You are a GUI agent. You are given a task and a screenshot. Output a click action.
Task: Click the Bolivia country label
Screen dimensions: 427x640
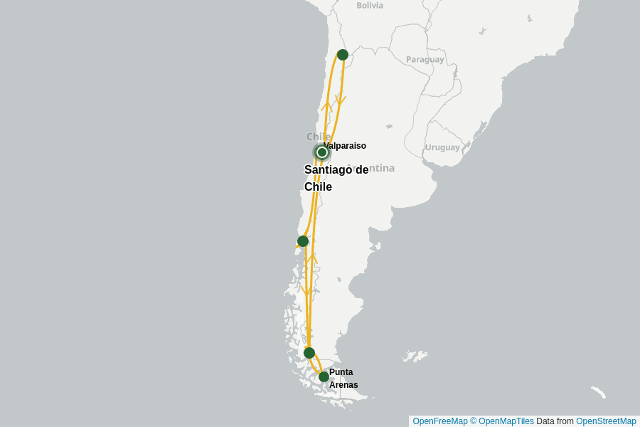370,6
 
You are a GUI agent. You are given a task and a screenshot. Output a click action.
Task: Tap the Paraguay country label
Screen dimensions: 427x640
425,59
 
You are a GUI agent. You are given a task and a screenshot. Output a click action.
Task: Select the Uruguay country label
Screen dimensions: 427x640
442,147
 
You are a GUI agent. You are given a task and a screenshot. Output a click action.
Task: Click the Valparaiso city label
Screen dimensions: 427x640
345,146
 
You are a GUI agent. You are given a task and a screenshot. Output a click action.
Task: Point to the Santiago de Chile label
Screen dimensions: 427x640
336,178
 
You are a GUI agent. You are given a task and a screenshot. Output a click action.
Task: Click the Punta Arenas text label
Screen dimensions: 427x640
343,379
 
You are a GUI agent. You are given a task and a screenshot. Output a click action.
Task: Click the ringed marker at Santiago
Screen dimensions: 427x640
321,152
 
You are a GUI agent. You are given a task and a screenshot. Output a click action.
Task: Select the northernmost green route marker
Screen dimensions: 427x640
343,55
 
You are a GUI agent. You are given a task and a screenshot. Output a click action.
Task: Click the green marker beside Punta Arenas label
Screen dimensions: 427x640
324,376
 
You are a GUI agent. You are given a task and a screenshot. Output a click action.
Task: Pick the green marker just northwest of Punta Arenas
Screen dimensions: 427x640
309,353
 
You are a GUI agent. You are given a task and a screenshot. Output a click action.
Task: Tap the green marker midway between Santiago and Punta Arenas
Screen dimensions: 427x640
303,241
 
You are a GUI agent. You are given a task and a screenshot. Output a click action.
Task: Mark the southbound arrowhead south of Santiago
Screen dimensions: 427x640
306,291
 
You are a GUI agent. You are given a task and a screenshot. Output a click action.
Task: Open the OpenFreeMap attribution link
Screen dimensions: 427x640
439,421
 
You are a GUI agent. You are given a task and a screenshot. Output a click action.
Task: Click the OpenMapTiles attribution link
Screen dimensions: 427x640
502,421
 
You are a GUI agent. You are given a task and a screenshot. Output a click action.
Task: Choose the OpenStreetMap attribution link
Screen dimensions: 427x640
606,421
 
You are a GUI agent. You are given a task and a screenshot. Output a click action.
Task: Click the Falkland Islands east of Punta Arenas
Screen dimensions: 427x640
414,355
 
